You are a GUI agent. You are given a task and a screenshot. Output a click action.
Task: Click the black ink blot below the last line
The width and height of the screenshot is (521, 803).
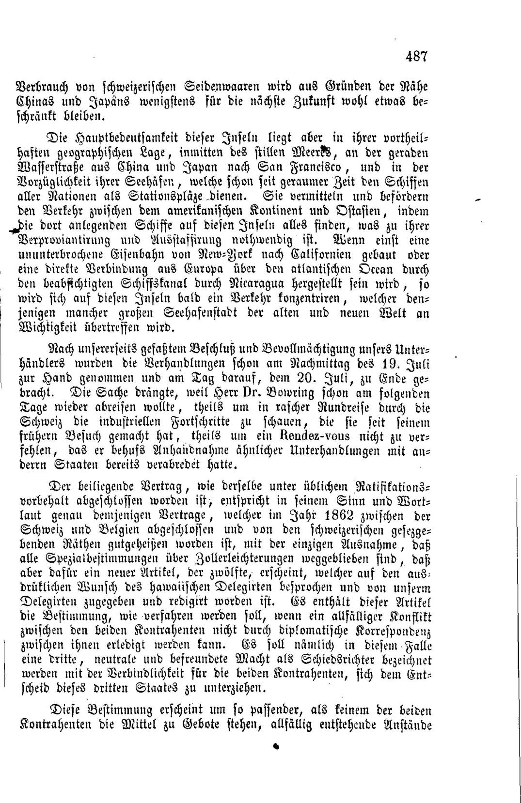277,747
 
